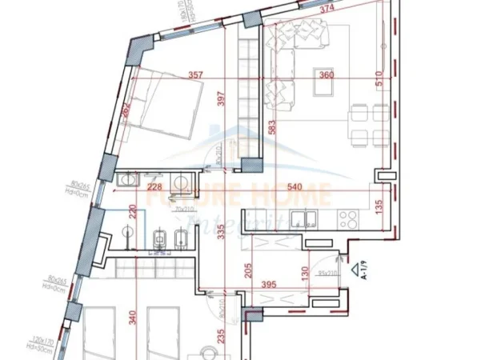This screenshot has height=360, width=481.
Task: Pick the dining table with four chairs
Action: [371, 124]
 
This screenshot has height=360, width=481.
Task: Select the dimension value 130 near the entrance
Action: [306, 272]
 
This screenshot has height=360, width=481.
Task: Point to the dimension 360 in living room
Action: [327, 77]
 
